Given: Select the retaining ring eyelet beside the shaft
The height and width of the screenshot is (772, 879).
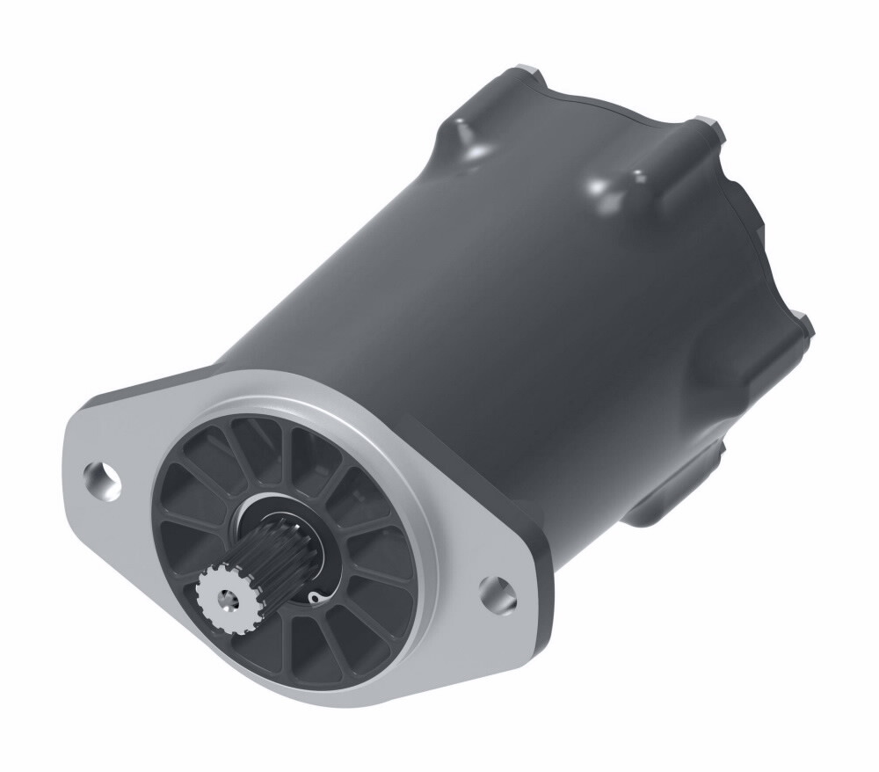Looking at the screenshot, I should click(x=314, y=599).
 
